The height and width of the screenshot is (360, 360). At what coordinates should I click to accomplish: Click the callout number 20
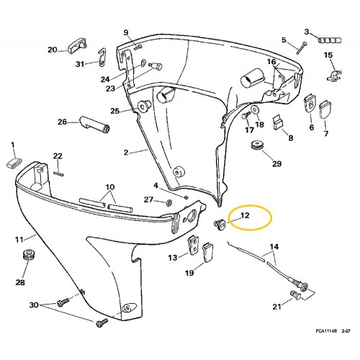click(52, 50)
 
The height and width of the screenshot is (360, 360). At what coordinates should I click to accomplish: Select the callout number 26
click(63, 122)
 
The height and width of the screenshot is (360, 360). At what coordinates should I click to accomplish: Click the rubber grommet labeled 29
click(256, 147)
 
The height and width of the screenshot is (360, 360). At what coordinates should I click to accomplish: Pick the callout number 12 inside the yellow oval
click(245, 215)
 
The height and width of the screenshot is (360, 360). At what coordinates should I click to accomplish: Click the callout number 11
click(20, 238)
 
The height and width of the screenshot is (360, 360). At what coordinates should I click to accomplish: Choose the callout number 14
click(273, 249)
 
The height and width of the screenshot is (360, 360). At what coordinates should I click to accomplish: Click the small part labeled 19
click(208, 253)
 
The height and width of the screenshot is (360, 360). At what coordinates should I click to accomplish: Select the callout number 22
click(58, 156)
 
